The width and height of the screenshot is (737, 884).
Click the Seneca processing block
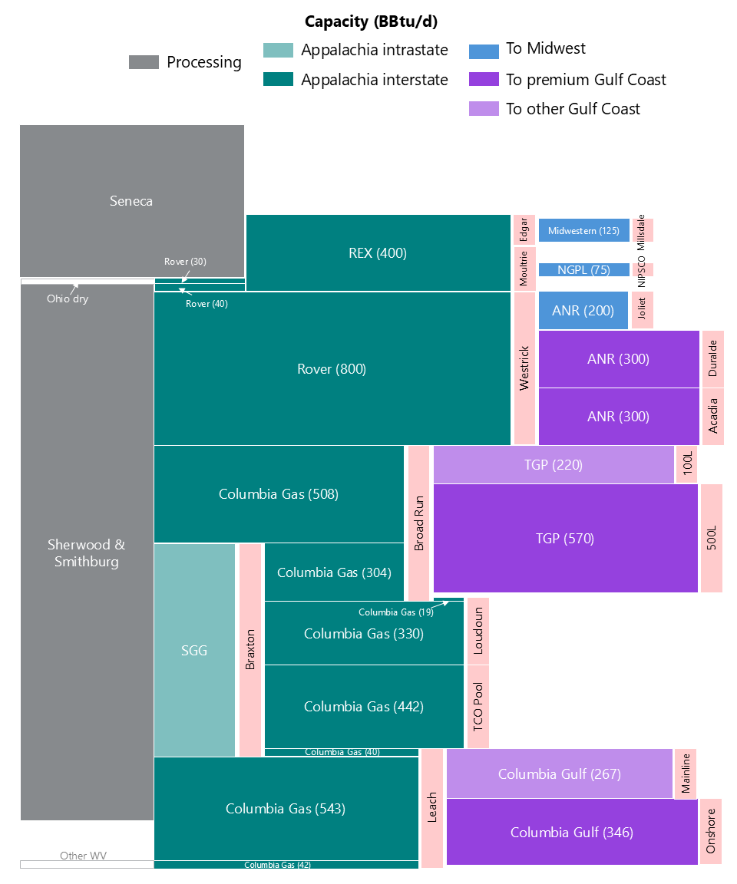click(131, 200)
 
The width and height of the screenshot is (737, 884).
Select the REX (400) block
click(378, 252)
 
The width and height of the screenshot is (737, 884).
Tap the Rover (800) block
click(332, 368)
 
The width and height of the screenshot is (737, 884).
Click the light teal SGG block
click(194, 650)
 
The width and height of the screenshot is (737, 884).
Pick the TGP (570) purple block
click(565, 538)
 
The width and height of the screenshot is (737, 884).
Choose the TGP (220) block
click(553, 464)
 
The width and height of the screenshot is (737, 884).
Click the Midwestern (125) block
click(583, 230)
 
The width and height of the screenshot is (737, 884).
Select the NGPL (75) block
click(583, 269)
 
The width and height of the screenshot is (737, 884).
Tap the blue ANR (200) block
click(583, 311)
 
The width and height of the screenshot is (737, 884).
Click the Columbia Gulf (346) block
click(571, 832)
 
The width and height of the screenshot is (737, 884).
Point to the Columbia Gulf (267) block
click(559, 773)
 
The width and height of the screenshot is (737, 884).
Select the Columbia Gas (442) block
click(363, 706)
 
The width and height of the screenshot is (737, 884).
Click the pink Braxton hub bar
click(250, 650)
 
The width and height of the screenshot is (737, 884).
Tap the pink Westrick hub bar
click(524, 368)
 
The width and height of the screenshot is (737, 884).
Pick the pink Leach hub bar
click(432, 808)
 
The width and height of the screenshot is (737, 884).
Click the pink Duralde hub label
click(713, 358)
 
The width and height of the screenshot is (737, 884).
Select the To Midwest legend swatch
click(484, 51)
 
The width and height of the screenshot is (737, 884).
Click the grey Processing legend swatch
click(144, 62)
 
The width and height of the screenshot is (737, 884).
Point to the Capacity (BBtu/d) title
click(371, 21)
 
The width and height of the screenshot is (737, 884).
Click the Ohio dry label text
click(68, 299)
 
